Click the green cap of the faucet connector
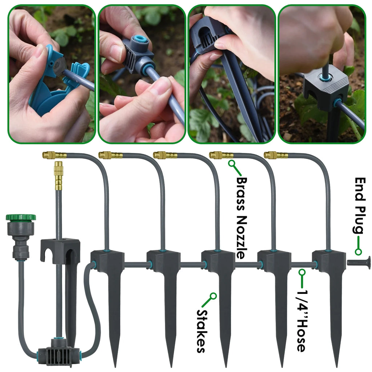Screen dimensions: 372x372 tap(21, 218)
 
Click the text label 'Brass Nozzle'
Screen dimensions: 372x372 tap(242, 218)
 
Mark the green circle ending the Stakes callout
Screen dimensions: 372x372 tap(214, 296)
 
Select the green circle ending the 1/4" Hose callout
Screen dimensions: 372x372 tap(302, 271)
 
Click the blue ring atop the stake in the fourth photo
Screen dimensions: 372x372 tap(323, 77)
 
